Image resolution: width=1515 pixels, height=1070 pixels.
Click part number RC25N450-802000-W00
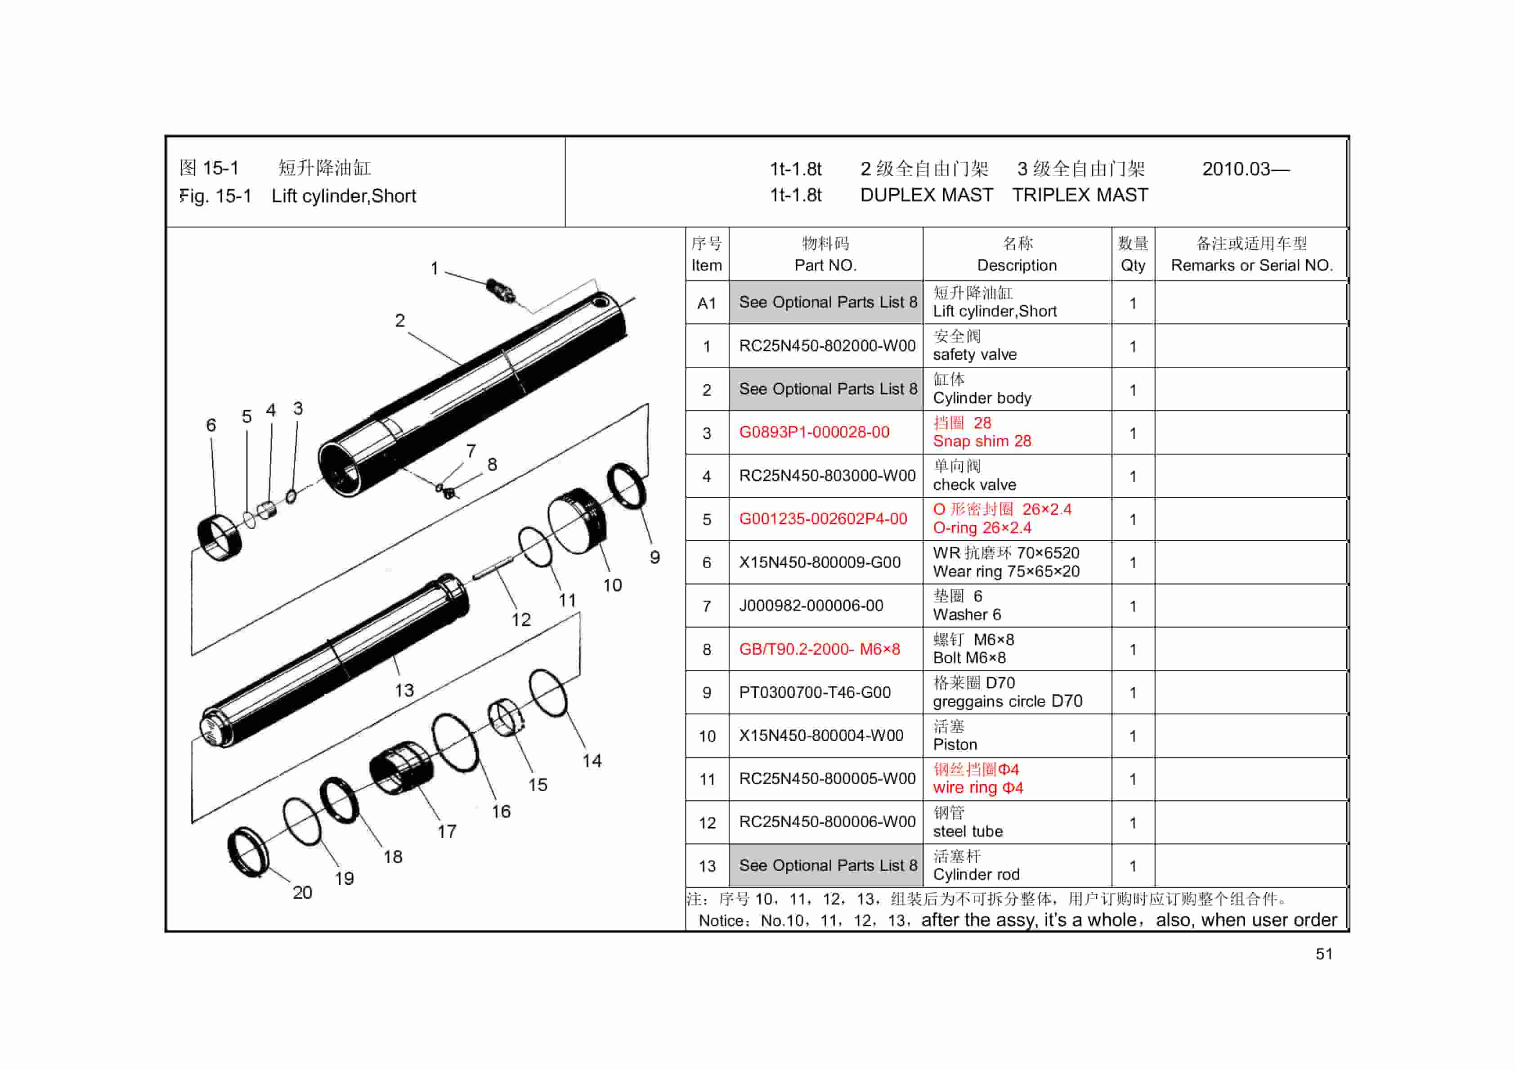click(x=827, y=346)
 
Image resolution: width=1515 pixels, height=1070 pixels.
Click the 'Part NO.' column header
click(x=825, y=265)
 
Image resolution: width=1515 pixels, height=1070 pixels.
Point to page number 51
click(x=1324, y=954)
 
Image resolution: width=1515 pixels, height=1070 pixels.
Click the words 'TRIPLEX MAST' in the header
click(x=1080, y=195)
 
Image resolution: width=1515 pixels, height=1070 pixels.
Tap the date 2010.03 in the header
click(x=1245, y=169)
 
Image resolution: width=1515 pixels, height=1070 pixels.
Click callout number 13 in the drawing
click(x=404, y=690)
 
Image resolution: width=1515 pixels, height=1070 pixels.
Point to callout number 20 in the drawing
click(x=302, y=892)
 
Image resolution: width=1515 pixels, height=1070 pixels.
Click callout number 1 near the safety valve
click(x=434, y=268)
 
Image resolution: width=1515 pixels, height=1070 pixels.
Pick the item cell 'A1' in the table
click(x=706, y=303)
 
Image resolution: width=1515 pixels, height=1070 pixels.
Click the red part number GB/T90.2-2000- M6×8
click(x=819, y=649)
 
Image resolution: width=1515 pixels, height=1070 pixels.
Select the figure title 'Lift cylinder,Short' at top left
click(x=343, y=196)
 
